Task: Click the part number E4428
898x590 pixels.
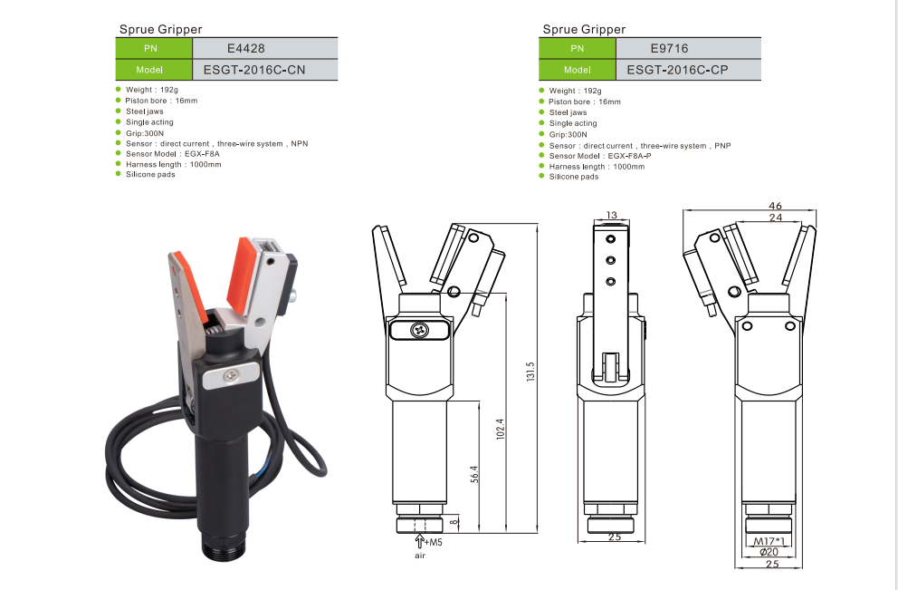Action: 245,49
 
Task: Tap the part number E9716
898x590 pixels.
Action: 669,49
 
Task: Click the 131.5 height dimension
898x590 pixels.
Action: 530,372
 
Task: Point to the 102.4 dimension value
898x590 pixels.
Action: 500,429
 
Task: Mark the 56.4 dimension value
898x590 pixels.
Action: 474,474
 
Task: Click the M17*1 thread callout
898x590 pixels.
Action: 769,541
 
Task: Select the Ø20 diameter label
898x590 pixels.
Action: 769,552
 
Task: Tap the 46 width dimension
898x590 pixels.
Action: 776,205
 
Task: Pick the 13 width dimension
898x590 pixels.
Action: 612,215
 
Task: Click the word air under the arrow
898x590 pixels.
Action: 420,556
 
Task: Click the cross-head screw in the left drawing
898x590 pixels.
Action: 419,330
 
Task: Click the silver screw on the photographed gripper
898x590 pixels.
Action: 232,375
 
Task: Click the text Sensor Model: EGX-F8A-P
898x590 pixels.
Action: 600,156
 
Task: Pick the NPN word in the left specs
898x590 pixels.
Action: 300,143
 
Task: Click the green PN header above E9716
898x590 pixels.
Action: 578,49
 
